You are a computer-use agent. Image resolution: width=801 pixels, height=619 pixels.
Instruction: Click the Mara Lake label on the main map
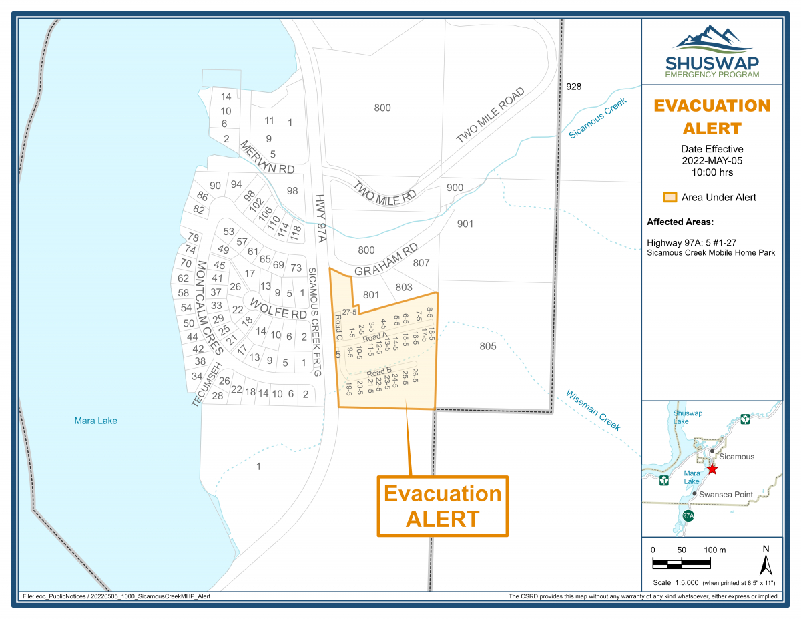pos(96,421)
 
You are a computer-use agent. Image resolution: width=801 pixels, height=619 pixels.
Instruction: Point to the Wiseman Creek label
pos(592,410)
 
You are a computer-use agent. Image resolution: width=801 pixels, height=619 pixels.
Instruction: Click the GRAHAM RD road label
pos(385,262)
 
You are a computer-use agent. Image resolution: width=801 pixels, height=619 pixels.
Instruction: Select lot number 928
pos(573,87)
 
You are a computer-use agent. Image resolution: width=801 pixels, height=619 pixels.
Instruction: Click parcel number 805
pos(488,346)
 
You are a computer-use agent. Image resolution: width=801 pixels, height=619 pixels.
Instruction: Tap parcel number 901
pos(465,224)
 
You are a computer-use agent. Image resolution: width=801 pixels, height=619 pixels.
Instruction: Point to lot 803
pos(404,287)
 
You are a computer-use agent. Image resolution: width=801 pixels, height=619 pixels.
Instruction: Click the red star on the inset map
pos(712,469)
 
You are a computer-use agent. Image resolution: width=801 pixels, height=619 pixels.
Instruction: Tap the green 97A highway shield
pos(689,517)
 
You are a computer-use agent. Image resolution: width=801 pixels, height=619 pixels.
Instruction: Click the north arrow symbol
pos(766,560)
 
